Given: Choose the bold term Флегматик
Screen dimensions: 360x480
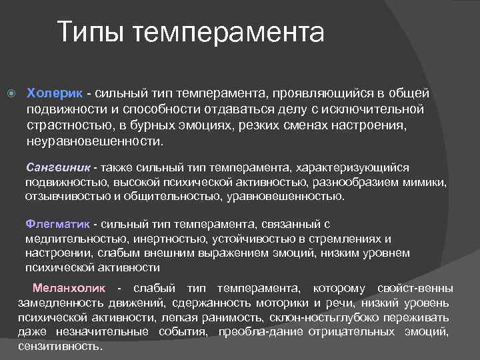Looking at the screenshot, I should pyautogui.click(x=58, y=225).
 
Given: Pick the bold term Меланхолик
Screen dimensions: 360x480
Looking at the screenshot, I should pyautogui.click(x=69, y=288).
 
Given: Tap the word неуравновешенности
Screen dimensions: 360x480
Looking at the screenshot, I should pyautogui.click(x=94, y=141).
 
